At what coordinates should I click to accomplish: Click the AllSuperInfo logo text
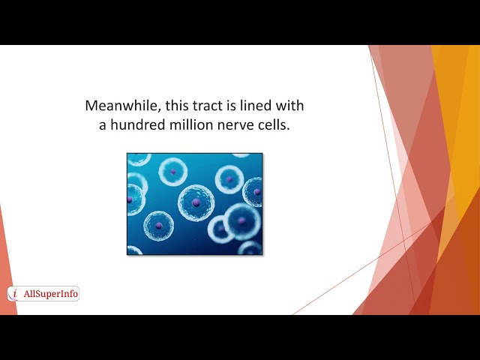(50, 294)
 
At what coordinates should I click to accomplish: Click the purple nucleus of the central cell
(196, 202)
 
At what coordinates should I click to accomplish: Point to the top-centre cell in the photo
(172, 171)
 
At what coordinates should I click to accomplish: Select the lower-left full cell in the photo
(158, 225)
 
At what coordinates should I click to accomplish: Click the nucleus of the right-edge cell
(256, 192)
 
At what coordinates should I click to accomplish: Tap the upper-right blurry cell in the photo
(229, 179)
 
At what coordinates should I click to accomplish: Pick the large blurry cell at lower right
(241, 220)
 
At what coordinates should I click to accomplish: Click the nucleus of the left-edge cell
(130, 199)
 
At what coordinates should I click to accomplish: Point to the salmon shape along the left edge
(6, 270)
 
